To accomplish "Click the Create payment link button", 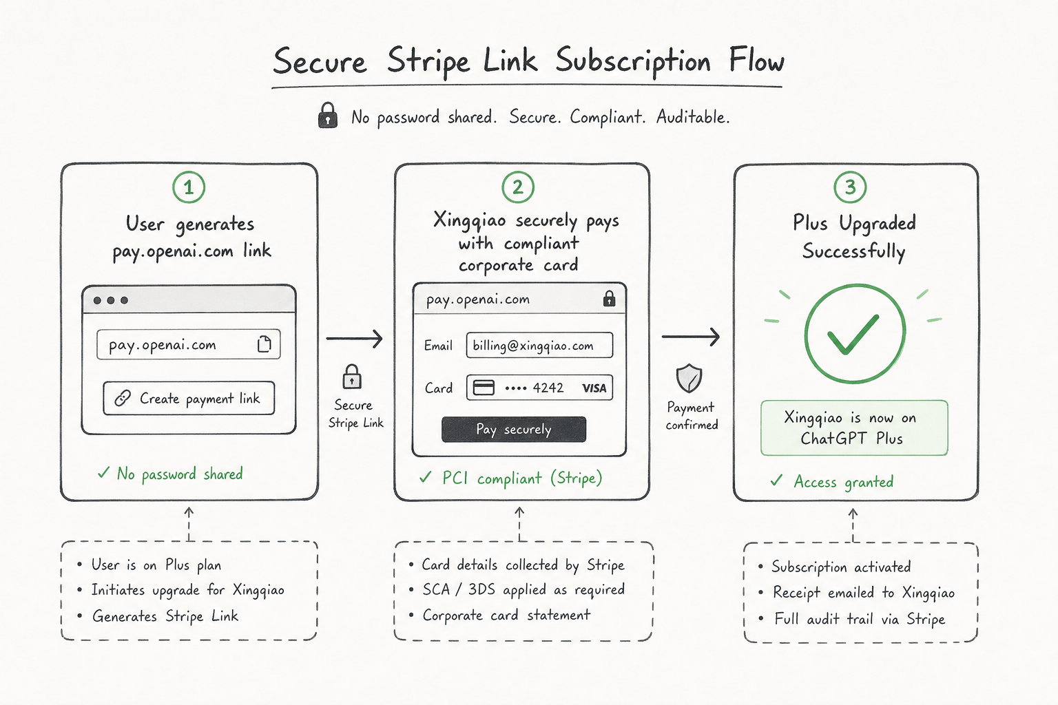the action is [189, 398].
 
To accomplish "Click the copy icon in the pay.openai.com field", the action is [264, 344].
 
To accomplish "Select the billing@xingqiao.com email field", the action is [539, 345].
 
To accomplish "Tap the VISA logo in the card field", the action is [594, 388].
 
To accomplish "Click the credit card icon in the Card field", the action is [484, 388].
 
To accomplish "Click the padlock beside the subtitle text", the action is [328, 115].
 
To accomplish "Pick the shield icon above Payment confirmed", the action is [689, 378].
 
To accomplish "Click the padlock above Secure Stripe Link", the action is [352, 377].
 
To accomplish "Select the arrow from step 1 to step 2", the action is [354, 339].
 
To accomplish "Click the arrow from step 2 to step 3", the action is [691, 336].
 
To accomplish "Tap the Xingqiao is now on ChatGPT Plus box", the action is [854, 428].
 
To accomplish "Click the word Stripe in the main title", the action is [428, 62].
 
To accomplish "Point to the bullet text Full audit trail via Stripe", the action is [860, 618].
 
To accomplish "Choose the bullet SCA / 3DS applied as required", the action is [523, 589].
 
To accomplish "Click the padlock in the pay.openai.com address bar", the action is [610, 298].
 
